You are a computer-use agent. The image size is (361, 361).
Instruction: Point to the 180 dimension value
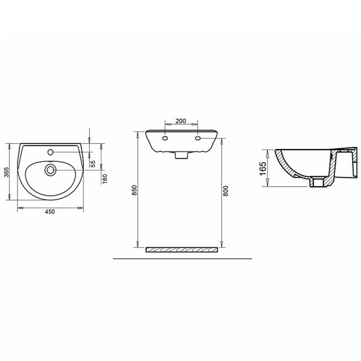click(104, 178)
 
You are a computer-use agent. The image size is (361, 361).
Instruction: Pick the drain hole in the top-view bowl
click(49, 170)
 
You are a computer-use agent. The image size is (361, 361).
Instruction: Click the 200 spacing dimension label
click(181, 122)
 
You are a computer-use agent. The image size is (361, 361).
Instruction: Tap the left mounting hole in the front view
click(165, 139)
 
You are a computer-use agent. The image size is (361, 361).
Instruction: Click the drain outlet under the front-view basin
click(181, 157)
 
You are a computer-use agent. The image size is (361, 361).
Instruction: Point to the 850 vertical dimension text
click(135, 191)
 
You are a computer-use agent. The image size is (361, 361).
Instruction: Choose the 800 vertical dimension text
click(225, 191)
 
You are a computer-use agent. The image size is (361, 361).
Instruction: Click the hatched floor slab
click(182, 250)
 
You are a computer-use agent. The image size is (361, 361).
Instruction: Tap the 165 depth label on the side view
click(264, 168)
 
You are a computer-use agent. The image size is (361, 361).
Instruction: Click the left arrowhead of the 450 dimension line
click(18, 207)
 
